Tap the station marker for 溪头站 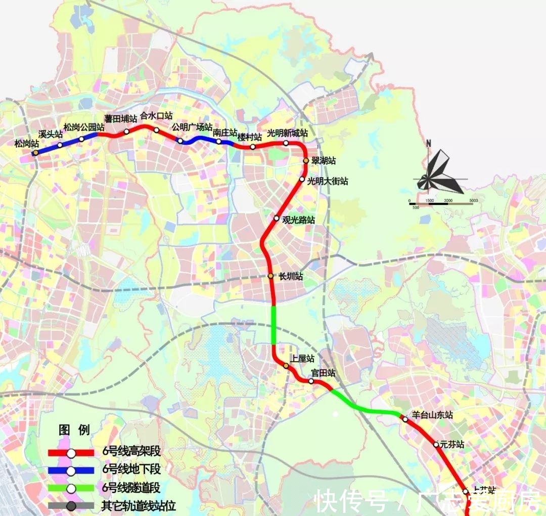(x=60, y=145)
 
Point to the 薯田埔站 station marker (x=126, y=132)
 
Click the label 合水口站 (x=156, y=116)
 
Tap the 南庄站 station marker (x=219, y=142)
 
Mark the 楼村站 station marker (x=253, y=147)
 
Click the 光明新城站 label (x=287, y=133)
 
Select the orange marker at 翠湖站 (x=305, y=161)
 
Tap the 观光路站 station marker (x=277, y=219)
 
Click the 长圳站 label (x=291, y=276)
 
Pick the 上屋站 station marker (x=286, y=366)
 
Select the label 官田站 (x=323, y=373)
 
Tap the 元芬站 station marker (x=436, y=445)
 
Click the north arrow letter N (x=429, y=143)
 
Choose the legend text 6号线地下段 (x=131, y=469)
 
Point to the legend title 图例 (x=74, y=431)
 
